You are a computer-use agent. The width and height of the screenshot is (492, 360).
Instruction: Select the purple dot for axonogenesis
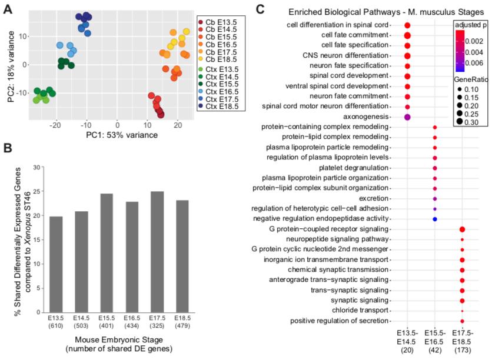(x=407, y=116)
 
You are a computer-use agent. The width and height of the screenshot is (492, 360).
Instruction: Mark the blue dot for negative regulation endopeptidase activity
(x=434, y=219)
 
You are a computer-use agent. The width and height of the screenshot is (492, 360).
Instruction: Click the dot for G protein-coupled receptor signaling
(x=463, y=229)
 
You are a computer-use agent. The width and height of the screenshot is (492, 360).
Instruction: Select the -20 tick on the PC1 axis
(x=56, y=125)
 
